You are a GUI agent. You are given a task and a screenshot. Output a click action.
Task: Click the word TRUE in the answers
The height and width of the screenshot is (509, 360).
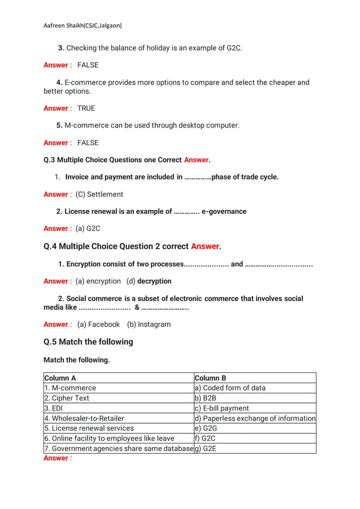coord(86,108)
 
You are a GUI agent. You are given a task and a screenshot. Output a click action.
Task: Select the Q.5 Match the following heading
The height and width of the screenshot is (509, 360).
coord(89,342)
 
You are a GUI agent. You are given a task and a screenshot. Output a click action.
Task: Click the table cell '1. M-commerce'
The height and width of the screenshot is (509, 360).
coord(70,388)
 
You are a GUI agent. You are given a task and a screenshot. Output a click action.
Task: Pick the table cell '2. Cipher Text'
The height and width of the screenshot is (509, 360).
coord(67,398)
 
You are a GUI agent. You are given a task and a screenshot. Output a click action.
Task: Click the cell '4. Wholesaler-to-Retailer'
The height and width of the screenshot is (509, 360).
coord(84,419)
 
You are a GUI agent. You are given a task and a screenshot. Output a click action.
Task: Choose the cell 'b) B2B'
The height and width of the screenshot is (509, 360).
coord(206,398)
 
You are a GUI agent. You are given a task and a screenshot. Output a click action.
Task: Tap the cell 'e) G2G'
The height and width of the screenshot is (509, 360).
coord(206,429)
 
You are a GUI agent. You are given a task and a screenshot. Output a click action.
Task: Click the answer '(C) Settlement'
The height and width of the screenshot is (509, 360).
coord(99,195)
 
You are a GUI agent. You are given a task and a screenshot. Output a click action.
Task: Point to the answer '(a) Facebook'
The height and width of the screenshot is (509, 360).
coord(99,324)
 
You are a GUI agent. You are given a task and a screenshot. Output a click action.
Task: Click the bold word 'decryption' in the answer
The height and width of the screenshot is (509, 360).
coord(154,281)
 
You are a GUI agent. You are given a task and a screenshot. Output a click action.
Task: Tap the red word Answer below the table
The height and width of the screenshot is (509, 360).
coord(56,459)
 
